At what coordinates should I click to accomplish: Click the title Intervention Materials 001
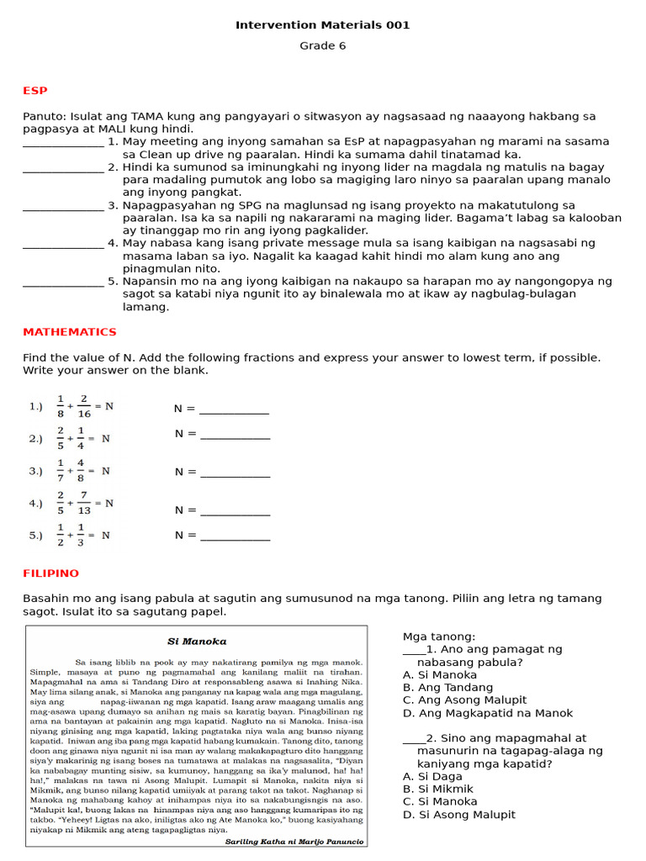(x=322, y=25)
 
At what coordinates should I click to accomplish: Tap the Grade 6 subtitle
(x=322, y=46)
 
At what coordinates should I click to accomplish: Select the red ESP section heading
(x=35, y=90)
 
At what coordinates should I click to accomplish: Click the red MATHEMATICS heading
(x=69, y=332)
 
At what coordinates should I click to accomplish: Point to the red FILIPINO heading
(x=50, y=573)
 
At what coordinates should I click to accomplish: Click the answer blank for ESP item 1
(x=63, y=143)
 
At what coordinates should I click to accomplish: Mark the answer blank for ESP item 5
(x=63, y=282)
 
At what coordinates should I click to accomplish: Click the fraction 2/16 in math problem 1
(x=84, y=406)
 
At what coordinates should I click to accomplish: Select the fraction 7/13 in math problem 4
(x=84, y=504)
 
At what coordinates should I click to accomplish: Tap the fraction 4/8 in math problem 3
(x=81, y=471)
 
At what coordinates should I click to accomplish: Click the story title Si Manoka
(x=197, y=642)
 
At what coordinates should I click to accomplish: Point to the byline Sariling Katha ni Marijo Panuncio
(x=294, y=841)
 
